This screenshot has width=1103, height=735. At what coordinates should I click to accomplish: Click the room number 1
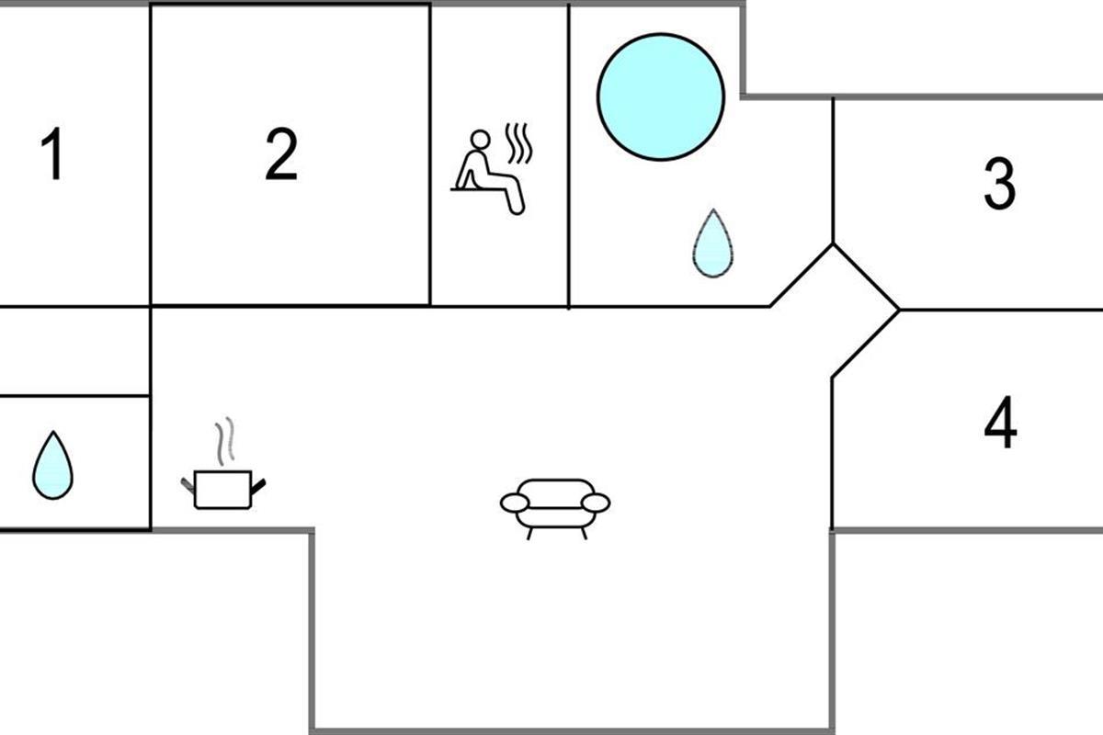click(x=52, y=153)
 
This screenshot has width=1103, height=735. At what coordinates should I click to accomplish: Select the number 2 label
click(x=281, y=153)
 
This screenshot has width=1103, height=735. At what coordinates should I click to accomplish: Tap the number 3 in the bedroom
click(x=999, y=184)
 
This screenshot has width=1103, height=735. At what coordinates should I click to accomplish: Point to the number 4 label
click(x=1000, y=422)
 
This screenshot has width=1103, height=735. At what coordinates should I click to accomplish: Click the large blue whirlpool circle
click(x=661, y=97)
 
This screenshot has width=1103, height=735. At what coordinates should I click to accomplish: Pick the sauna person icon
click(x=492, y=169)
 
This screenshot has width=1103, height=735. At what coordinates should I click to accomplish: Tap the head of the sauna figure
click(x=480, y=139)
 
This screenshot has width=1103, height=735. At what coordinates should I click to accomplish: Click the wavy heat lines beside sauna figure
click(x=519, y=143)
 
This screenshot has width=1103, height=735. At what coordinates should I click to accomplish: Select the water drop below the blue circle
click(x=712, y=243)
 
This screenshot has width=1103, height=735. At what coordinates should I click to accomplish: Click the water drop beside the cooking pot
click(x=52, y=465)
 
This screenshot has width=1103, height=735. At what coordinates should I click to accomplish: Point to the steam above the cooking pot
click(x=224, y=442)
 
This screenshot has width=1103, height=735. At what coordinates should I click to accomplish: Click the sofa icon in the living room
click(x=555, y=509)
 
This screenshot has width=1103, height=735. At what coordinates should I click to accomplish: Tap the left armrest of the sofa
click(x=515, y=503)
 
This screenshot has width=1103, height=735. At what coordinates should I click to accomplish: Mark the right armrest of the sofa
click(x=596, y=503)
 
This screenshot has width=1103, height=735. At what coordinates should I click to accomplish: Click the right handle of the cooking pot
click(x=258, y=486)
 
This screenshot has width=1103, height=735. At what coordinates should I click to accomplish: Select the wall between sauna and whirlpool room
click(x=569, y=155)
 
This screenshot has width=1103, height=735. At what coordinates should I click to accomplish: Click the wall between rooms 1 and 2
click(x=150, y=154)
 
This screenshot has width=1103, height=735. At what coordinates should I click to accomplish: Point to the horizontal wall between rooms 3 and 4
click(x=1001, y=311)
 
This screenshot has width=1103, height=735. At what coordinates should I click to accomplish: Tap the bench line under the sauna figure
click(x=477, y=189)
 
